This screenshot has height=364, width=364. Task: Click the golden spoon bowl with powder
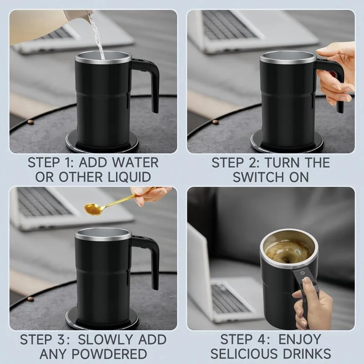pyautogui.click(x=93, y=208)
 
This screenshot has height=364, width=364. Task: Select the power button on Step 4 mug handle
pyautogui.click(x=303, y=273)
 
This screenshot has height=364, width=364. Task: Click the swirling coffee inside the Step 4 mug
pyautogui.click(x=287, y=250)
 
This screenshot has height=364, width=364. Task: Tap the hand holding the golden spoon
pyautogui.click(x=150, y=194)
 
